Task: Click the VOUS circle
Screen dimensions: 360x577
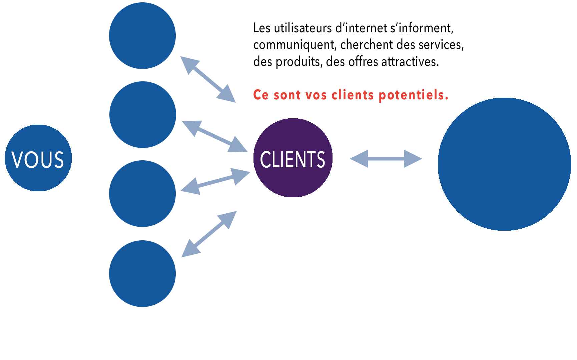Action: (x=38, y=158)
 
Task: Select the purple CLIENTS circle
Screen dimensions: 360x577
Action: (x=293, y=158)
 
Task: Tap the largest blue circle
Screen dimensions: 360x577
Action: (x=504, y=164)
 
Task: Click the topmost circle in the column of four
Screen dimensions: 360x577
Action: (x=142, y=36)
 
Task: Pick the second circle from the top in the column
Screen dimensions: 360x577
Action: (x=142, y=115)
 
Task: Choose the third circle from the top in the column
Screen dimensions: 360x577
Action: (x=142, y=194)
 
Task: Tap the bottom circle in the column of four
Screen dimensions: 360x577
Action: (x=142, y=274)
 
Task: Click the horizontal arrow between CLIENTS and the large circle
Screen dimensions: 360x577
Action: (x=386, y=159)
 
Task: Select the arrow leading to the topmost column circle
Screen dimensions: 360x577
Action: (x=208, y=79)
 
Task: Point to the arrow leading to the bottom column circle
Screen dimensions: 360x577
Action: (x=209, y=234)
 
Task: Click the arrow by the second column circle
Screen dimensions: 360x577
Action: (x=214, y=136)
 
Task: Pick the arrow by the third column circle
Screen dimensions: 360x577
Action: (x=215, y=181)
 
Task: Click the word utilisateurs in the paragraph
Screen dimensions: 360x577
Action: (x=303, y=28)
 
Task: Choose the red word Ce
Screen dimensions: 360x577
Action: (x=261, y=95)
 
